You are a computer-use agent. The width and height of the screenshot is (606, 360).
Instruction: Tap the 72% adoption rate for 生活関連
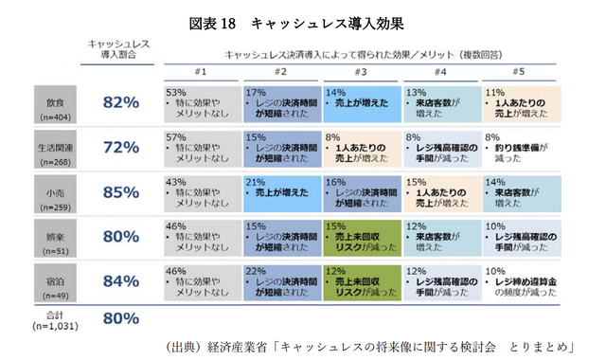pos(120,147)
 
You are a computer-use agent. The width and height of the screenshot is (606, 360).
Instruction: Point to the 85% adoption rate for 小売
pos(120,193)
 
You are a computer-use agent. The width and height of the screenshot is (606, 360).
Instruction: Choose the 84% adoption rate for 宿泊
pos(120,283)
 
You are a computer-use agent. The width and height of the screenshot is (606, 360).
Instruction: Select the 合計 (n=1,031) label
pos(47,319)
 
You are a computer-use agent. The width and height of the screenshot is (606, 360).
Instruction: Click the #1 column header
pos(202,72)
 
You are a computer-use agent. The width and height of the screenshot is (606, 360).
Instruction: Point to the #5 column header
pos(519,72)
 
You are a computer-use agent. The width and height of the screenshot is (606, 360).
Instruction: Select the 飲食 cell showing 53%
pos(201,104)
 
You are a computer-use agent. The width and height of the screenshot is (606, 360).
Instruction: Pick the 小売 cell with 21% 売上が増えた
pos(280,193)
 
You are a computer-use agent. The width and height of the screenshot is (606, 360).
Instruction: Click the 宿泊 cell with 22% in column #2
pos(280,283)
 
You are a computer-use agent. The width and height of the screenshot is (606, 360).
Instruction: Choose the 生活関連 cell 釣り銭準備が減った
pos(519,148)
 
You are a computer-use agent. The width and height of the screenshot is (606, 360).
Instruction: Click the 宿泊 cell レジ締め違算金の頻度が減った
pos(519,283)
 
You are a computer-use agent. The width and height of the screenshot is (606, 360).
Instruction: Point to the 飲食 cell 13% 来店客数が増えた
pos(439,104)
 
